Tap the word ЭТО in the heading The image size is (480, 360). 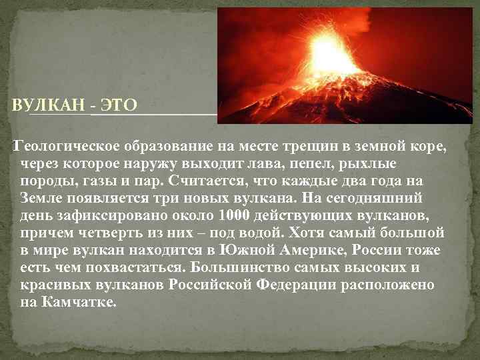click(x=117, y=105)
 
